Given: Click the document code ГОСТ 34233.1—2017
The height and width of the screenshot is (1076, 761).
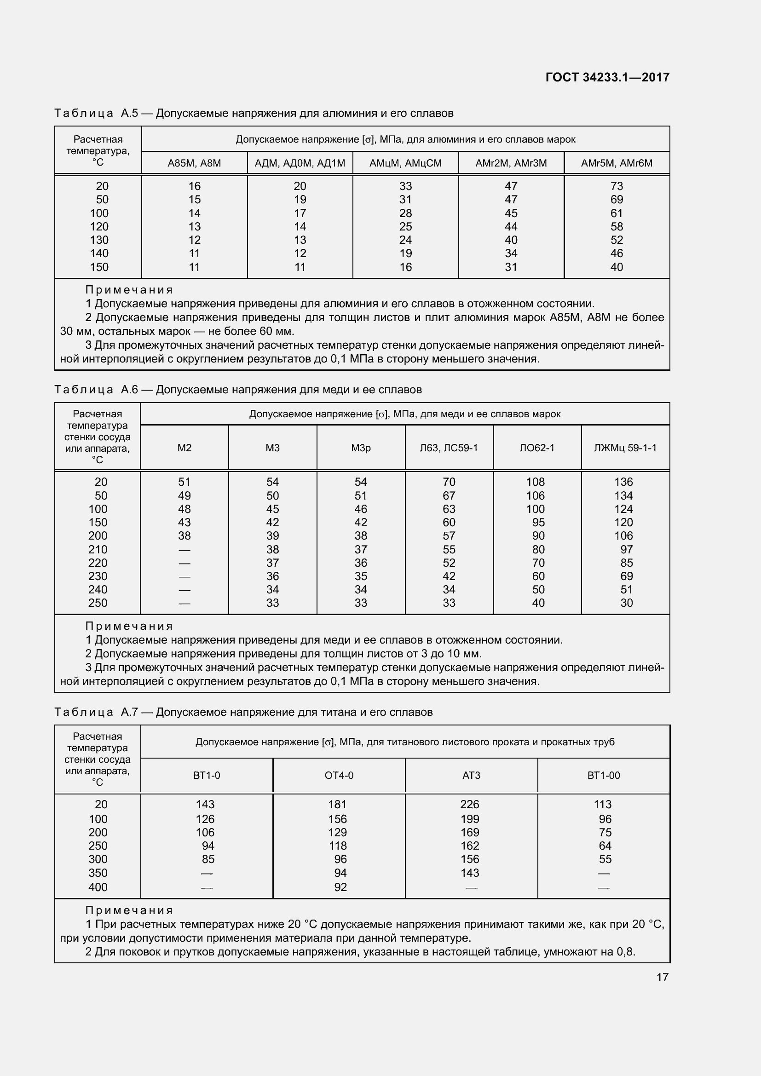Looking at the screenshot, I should pyautogui.click(x=607, y=77).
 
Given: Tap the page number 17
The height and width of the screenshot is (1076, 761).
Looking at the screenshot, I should pyautogui.click(x=662, y=977).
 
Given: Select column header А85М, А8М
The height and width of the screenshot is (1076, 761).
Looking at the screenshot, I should pyautogui.click(x=195, y=163).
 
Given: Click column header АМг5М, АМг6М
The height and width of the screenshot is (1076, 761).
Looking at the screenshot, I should pyautogui.click(x=617, y=163).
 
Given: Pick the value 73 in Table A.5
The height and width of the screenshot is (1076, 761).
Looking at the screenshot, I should pyautogui.click(x=617, y=186).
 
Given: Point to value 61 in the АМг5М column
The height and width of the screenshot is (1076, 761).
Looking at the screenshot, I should pyautogui.click(x=617, y=213).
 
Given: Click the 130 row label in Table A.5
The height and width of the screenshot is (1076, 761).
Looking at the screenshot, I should pyautogui.click(x=99, y=240).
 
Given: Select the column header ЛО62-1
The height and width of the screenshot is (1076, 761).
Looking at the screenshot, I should pyautogui.click(x=537, y=448).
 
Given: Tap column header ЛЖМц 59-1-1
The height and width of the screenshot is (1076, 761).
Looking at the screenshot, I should pyautogui.click(x=625, y=448).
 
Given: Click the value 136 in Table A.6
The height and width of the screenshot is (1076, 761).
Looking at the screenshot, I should pyautogui.click(x=624, y=482).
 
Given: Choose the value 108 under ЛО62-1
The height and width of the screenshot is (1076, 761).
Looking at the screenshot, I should pyautogui.click(x=536, y=482).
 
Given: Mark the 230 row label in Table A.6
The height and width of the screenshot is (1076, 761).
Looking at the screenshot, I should pyautogui.click(x=98, y=576).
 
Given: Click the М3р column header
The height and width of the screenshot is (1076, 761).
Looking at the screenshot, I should pyautogui.click(x=361, y=448).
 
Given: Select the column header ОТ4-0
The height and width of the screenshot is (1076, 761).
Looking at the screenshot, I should pyautogui.click(x=339, y=775).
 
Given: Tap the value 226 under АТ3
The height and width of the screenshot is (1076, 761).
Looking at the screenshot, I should pyautogui.click(x=470, y=804).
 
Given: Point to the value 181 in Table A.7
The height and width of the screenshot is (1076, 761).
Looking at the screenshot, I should pyautogui.click(x=337, y=804).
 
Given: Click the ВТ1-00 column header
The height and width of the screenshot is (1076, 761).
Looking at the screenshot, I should pyautogui.click(x=604, y=775).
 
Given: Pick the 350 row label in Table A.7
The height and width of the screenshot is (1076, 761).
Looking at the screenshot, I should pyautogui.click(x=98, y=873).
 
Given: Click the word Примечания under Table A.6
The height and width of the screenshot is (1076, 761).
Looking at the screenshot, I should pyautogui.click(x=129, y=626).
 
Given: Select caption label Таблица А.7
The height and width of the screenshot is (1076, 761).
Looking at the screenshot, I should pyautogui.click(x=96, y=712).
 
